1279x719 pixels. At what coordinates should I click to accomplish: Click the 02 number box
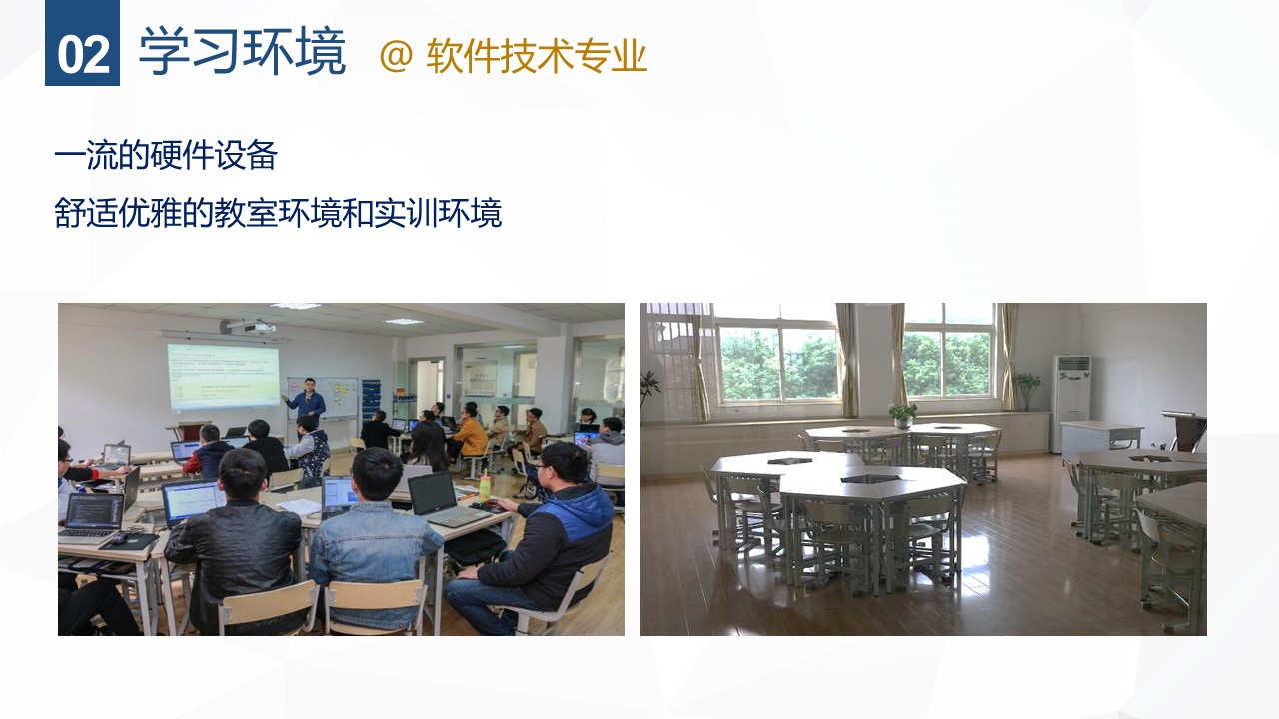click(x=82, y=43)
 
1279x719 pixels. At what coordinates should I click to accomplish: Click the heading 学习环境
click(x=243, y=52)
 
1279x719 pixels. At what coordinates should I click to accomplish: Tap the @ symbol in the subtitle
click(x=396, y=56)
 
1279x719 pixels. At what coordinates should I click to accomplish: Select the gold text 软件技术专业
click(x=537, y=56)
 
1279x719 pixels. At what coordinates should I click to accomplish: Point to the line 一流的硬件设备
click(x=166, y=155)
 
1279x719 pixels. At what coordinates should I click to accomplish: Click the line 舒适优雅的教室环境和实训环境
click(x=278, y=213)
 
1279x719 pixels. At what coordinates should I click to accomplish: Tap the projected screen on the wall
click(x=223, y=376)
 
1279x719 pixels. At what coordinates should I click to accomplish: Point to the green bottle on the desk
click(x=485, y=486)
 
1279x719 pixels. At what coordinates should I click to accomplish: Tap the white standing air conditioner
click(x=1072, y=402)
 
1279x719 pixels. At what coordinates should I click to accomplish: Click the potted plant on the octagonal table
click(x=902, y=416)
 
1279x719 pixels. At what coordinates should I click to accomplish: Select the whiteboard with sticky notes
click(x=323, y=398)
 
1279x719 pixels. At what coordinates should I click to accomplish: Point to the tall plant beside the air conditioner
click(x=1027, y=391)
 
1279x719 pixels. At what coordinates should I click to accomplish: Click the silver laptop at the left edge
click(x=91, y=518)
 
